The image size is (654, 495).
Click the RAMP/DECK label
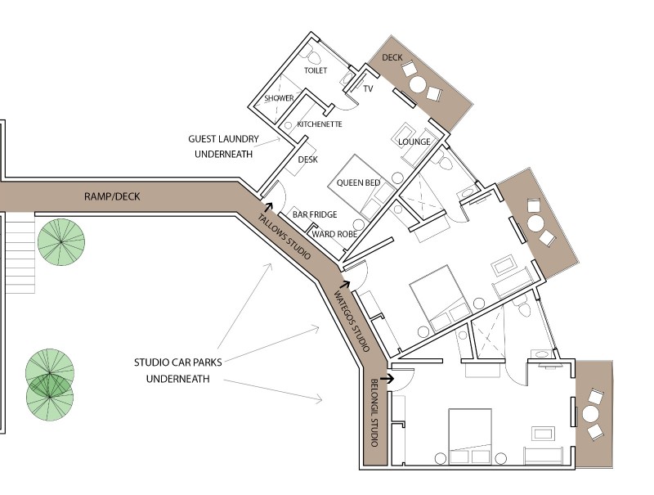click(112, 196)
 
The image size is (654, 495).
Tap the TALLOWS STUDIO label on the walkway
click(284, 236)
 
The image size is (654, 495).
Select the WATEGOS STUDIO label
click(352, 321)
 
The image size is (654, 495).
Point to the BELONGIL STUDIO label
click(374, 412)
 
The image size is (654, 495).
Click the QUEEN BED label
click(358, 182)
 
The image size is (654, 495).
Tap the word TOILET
click(316, 70)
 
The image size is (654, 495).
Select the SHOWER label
click(279, 98)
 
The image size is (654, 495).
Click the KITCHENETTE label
click(320, 124)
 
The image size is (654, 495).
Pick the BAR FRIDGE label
click(315, 214)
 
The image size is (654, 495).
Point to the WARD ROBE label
click(334, 234)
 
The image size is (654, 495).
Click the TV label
click(368, 88)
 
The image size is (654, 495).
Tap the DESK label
click(308, 160)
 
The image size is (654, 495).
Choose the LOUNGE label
click(414, 142)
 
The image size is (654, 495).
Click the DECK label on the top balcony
click(392, 57)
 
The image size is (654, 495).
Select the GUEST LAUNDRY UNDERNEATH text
click(223, 146)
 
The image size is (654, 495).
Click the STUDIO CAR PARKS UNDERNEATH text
click(177, 371)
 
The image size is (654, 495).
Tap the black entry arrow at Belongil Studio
click(387, 379)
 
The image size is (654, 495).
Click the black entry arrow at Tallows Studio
click(268, 207)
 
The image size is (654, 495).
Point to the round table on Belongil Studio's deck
click(590, 415)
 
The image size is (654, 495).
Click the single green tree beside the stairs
click(61, 241)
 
